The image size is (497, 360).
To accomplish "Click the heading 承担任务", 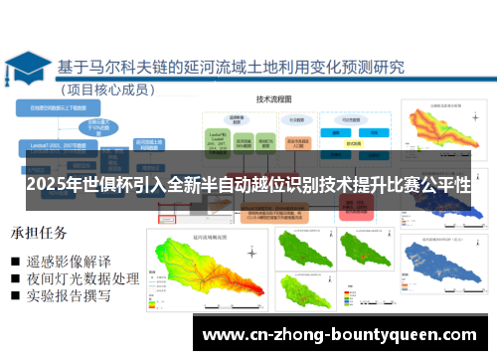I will [40, 234].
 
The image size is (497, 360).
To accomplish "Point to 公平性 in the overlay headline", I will [443, 187].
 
